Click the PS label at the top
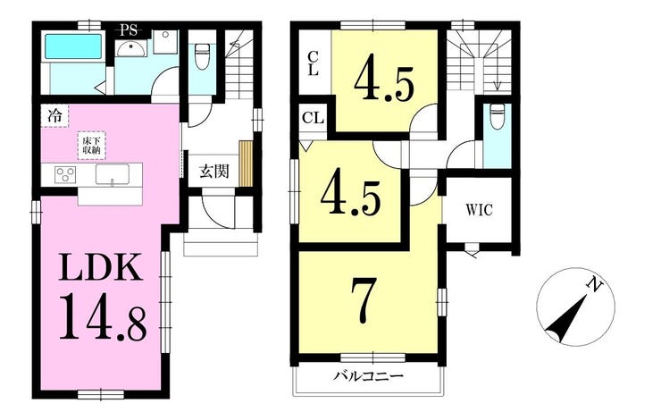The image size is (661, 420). point(129,30)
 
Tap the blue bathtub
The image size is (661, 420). point(73,46)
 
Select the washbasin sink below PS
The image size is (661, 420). point(131,49)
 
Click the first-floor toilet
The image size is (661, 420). point(202,57)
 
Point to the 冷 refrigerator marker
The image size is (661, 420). point(54,115)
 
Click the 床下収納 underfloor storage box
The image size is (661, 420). point(91,146)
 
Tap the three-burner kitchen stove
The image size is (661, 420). point(66,174)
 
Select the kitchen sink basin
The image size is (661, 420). point(113,174)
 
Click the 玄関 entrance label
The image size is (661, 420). point(214,172)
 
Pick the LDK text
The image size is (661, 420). point(101,267)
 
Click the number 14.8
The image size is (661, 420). point(103,318)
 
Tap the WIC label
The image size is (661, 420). point(479,210)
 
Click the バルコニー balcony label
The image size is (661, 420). point(368,375)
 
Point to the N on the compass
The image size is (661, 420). point(595,286)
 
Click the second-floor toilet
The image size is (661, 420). point(498,116)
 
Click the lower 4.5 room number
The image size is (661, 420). point(350,196)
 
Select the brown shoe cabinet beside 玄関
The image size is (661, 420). point(246,164)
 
